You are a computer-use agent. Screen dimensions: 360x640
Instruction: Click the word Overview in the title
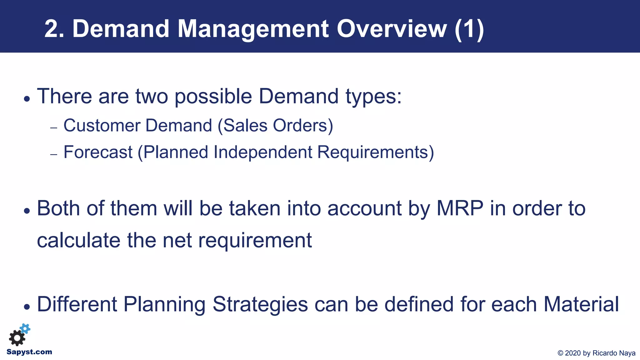click(x=392, y=29)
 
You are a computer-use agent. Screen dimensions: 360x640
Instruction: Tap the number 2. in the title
click(x=54, y=29)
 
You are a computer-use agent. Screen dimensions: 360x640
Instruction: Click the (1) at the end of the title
click(x=469, y=29)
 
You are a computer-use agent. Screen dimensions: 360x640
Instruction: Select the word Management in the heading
click(x=253, y=29)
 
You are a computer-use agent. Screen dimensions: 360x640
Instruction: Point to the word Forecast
click(x=98, y=152)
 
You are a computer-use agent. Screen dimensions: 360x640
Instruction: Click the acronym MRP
click(x=460, y=208)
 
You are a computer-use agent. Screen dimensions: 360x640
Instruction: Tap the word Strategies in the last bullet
click(x=260, y=304)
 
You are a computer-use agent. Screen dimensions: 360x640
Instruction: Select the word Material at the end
click(x=581, y=304)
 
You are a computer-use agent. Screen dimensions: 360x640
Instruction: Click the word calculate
click(x=78, y=240)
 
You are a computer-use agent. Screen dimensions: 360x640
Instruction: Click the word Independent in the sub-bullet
click(x=262, y=152)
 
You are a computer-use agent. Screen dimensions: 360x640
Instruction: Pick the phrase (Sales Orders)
click(x=275, y=126)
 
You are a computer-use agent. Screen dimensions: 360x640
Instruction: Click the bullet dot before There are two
click(x=27, y=99)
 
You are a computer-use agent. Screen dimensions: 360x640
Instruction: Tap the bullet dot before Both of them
click(x=27, y=211)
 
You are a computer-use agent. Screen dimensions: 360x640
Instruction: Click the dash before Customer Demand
click(x=54, y=128)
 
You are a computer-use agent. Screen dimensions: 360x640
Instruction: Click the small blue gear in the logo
click(x=25, y=328)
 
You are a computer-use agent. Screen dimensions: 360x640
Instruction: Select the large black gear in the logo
click(x=17, y=338)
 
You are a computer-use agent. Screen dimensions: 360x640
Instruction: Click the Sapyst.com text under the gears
click(x=29, y=352)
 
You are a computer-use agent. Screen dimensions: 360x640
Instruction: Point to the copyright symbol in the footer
click(x=560, y=353)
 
